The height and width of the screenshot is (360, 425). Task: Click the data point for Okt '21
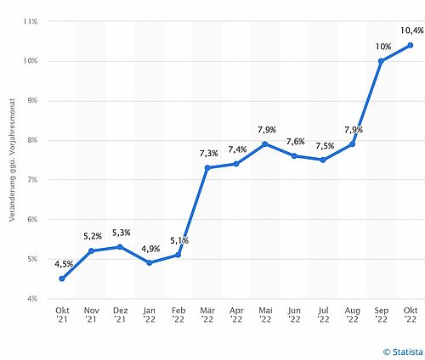pos(62,278)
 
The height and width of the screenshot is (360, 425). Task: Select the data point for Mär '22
pos(207,168)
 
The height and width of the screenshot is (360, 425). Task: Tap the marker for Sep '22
pos(381,61)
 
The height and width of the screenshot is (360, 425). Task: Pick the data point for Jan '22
pos(150,263)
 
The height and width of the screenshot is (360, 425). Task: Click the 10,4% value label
pos(412,31)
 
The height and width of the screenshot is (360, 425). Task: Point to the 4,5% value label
pos(64,264)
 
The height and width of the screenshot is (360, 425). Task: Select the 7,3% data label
pos(209,154)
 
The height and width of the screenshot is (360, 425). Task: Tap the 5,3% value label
pos(122,233)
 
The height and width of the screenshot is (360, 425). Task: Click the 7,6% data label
pos(296,141)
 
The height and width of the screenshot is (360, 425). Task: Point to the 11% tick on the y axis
pos(31,21)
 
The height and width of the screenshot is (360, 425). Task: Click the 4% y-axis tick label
pos(32,299)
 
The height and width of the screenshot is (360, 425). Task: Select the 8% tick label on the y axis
pos(32,140)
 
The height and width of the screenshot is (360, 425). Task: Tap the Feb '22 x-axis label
pos(178,315)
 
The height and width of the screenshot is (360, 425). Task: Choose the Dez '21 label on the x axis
pos(121,315)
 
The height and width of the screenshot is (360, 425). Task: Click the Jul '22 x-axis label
pos(323,315)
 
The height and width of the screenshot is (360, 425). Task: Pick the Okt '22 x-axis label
pos(411,315)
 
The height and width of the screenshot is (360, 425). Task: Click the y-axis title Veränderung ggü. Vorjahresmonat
pos(12,160)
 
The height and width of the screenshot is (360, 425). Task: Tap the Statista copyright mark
pos(403,352)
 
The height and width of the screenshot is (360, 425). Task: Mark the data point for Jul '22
pos(323,160)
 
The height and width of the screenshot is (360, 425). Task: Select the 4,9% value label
pos(150,249)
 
